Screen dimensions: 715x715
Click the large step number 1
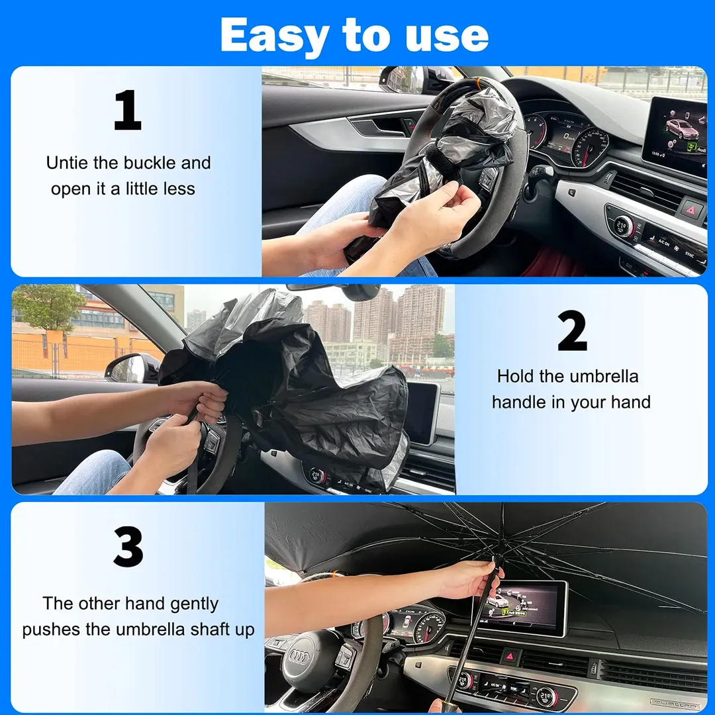click(128, 110)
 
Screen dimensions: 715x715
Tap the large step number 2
click(572, 330)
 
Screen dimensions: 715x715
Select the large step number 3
click(128, 547)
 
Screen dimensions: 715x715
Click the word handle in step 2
click(520, 403)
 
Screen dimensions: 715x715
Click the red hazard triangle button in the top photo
click(691, 211)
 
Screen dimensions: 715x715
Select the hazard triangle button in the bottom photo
click(510, 657)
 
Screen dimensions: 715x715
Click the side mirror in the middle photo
click(132, 368)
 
